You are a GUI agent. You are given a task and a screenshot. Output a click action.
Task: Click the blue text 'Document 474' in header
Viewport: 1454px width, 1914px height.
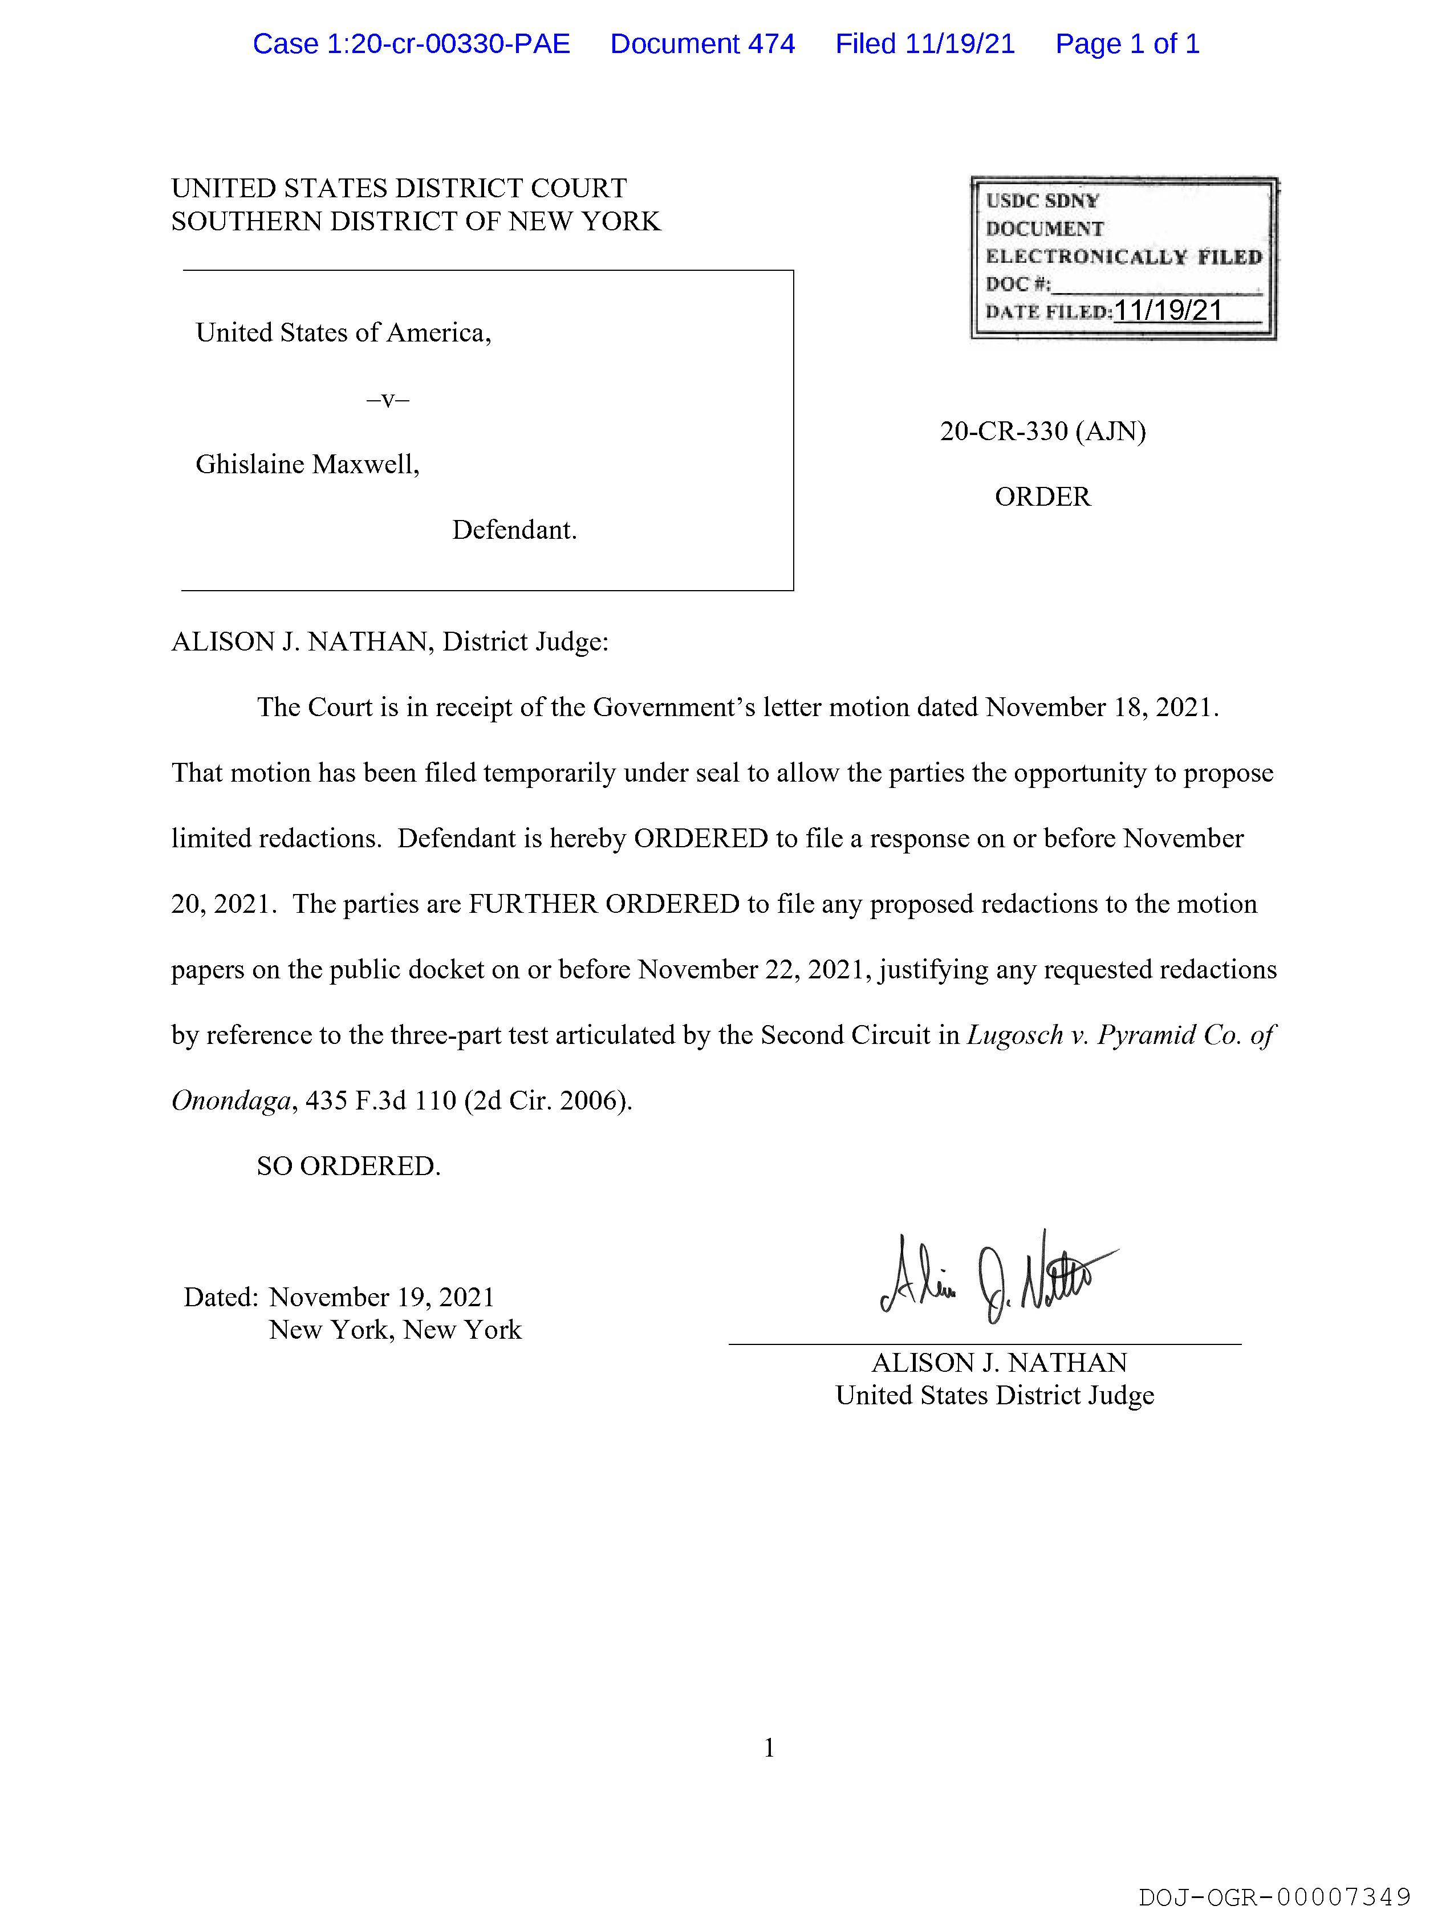pyautogui.click(x=702, y=44)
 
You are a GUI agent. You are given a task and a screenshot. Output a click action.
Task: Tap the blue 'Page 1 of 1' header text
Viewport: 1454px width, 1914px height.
pyautogui.click(x=1127, y=44)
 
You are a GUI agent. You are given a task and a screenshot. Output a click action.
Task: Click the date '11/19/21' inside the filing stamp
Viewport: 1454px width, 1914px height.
pyautogui.click(x=1168, y=311)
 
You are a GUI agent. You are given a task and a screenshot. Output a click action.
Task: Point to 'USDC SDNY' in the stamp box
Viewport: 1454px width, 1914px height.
pyautogui.click(x=1042, y=201)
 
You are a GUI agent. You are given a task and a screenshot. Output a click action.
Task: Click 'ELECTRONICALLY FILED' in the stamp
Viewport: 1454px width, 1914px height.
pyautogui.click(x=1123, y=257)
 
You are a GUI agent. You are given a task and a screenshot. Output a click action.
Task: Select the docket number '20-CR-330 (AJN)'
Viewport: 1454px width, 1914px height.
pyautogui.click(x=1042, y=431)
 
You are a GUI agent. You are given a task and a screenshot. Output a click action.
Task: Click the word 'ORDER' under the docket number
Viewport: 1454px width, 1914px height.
pyautogui.click(x=1042, y=497)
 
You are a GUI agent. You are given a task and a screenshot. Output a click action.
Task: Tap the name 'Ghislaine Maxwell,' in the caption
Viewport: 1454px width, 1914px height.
pyautogui.click(x=307, y=465)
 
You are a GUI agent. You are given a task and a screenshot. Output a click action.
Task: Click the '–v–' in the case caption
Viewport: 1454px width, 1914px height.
pyautogui.click(x=388, y=399)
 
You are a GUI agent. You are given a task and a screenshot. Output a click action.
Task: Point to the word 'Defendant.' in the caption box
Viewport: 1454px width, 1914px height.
pyautogui.click(x=514, y=530)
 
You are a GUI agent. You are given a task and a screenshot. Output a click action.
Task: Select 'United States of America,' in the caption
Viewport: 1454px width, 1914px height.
pyautogui.click(x=343, y=333)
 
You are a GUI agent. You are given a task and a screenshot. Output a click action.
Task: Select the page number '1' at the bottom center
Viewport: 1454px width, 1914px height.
pyautogui.click(x=769, y=1748)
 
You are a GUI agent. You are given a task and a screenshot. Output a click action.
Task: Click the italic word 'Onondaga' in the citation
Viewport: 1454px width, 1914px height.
pyautogui.click(x=230, y=1100)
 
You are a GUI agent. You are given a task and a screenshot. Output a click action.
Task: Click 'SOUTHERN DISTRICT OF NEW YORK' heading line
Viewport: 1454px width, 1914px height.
pyautogui.click(x=416, y=222)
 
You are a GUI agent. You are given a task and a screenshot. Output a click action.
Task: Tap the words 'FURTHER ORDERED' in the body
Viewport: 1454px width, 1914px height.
pyautogui.click(x=604, y=904)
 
